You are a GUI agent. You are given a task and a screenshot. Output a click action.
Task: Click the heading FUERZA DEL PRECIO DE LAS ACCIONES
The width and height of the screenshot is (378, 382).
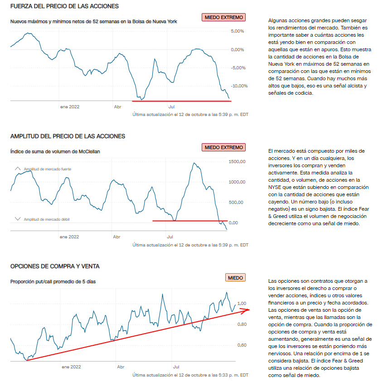tap(64, 6)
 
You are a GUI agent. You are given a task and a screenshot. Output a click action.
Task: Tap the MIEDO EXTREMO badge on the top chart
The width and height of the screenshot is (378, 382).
tap(224, 17)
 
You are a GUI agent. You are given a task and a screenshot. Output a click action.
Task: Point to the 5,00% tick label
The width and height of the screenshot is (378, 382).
tap(237, 31)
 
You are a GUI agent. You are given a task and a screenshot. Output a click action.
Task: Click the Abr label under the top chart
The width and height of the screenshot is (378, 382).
tap(117, 107)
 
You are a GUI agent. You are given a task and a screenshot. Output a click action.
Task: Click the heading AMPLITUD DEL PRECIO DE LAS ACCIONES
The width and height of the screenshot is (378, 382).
tap(68, 136)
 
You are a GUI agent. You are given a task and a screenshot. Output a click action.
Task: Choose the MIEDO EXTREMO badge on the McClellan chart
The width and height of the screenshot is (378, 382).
tap(224, 147)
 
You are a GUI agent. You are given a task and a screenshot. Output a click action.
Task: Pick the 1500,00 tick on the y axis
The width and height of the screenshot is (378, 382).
tap(237, 161)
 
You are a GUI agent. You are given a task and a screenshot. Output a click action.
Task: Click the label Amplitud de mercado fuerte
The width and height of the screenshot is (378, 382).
tap(48, 169)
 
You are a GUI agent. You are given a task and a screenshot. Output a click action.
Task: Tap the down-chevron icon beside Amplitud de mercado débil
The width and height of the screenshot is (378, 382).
tap(18, 219)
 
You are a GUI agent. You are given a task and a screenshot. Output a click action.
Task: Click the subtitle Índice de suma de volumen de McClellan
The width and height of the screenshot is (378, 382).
tap(55, 151)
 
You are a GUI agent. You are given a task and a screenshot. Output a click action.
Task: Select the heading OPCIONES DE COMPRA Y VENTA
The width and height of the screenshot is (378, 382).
tap(55, 266)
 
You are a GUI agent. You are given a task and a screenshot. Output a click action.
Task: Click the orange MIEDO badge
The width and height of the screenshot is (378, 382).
tap(235, 278)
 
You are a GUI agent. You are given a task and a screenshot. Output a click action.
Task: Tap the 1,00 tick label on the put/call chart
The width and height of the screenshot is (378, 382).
tap(242, 304)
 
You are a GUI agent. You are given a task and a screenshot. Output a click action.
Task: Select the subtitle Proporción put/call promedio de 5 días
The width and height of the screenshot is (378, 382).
tap(53, 281)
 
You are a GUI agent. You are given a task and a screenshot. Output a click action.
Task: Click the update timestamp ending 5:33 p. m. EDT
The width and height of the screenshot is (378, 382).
tap(190, 375)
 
